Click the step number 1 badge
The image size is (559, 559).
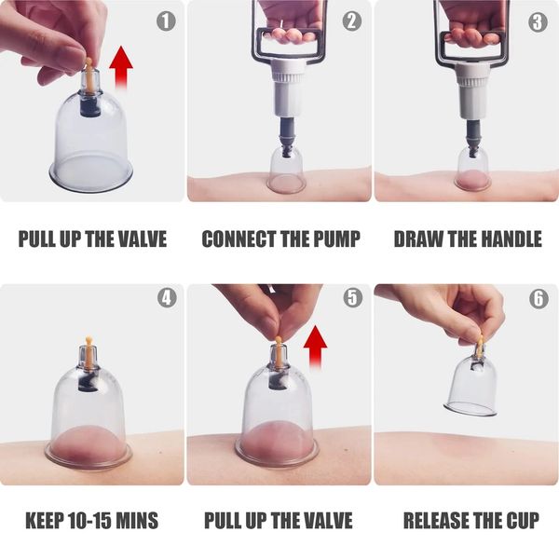pyautogui.click(x=166, y=21)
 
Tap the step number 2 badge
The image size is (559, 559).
pyautogui.click(x=352, y=21)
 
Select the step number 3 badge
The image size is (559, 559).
pyautogui.click(x=538, y=21)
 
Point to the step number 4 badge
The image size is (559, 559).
pyautogui.click(x=167, y=298)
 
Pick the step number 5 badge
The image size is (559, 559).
pyautogui.click(x=352, y=298)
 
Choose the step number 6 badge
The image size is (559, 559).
pyautogui.click(x=539, y=298)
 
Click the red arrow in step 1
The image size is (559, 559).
pyautogui.click(x=121, y=67)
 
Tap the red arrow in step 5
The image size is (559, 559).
pyautogui.click(x=315, y=347)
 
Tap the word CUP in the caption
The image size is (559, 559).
pyautogui.click(x=523, y=520)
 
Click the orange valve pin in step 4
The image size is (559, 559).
pyautogui.click(x=88, y=351)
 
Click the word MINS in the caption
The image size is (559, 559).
pyautogui.click(x=137, y=520)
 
